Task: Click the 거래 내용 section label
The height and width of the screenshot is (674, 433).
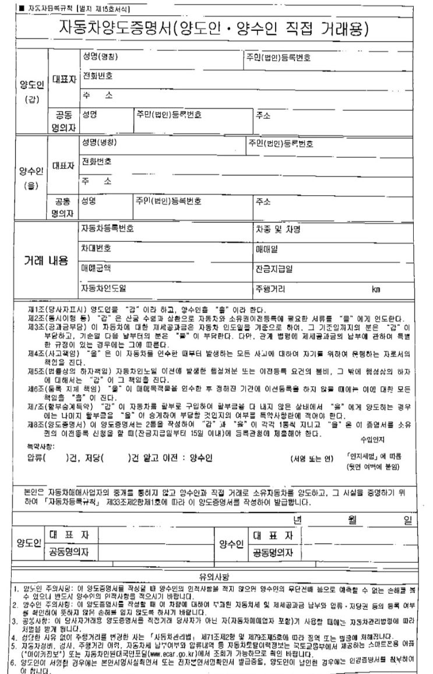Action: coord(42,260)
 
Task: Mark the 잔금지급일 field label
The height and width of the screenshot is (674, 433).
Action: coord(274,269)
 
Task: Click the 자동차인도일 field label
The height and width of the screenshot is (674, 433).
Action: coord(104,288)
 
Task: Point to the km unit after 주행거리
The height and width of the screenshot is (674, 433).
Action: coord(376,289)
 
